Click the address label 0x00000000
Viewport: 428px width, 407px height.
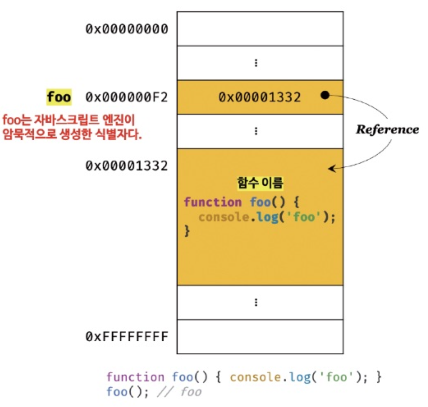click(x=127, y=29)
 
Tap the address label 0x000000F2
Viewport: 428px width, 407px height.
click(x=127, y=97)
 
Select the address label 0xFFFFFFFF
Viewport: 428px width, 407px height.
click(x=127, y=336)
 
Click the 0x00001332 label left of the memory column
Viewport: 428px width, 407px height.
click(x=127, y=166)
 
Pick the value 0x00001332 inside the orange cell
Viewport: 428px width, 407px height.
click(x=260, y=97)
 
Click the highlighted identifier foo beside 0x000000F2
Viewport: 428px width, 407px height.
click(x=59, y=97)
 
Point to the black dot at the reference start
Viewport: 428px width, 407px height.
click(x=325, y=95)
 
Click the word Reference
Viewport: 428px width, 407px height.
click(x=387, y=130)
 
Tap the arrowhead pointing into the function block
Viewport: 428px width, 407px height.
click(x=331, y=168)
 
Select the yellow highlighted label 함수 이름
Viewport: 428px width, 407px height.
click(x=260, y=182)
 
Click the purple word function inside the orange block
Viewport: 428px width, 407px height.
click(x=213, y=202)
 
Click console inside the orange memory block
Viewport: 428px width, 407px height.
click(x=224, y=217)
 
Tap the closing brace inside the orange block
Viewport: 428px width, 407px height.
click(x=187, y=230)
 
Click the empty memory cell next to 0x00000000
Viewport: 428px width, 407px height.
click(x=260, y=28)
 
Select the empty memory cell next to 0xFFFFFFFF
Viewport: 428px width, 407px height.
click(x=260, y=336)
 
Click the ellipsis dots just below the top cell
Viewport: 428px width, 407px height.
click(x=256, y=63)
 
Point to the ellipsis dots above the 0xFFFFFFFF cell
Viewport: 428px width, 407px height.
click(x=256, y=302)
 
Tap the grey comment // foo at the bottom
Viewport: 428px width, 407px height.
click(x=179, y=392)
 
